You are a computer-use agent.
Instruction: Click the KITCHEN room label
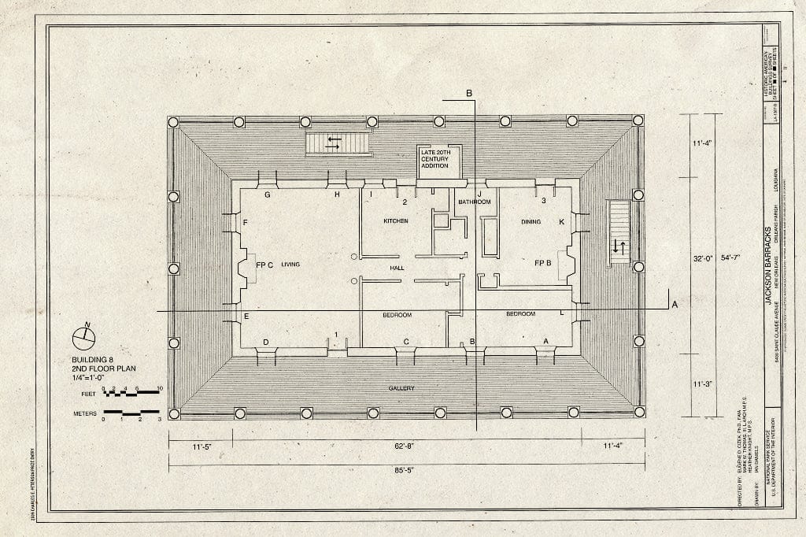coord(396,221)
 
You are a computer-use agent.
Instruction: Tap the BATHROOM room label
coord(475,202)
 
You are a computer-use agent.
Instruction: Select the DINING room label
coord(531,222)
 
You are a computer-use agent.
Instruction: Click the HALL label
coord(397,268)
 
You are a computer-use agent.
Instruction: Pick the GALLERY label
coord(401,388)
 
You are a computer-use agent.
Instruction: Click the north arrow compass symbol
coord(83,337)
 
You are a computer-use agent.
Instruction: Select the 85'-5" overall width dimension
coord(405,470)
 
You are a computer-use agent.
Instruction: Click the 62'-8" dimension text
coord(405,446)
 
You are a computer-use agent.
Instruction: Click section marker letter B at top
coord(470,94)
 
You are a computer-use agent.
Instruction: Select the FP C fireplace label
coord(264,265)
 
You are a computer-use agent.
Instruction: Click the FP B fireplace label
coord(542,262)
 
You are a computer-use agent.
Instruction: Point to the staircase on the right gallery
coord(619,232)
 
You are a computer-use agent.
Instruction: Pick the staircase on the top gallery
coord(338,143)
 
